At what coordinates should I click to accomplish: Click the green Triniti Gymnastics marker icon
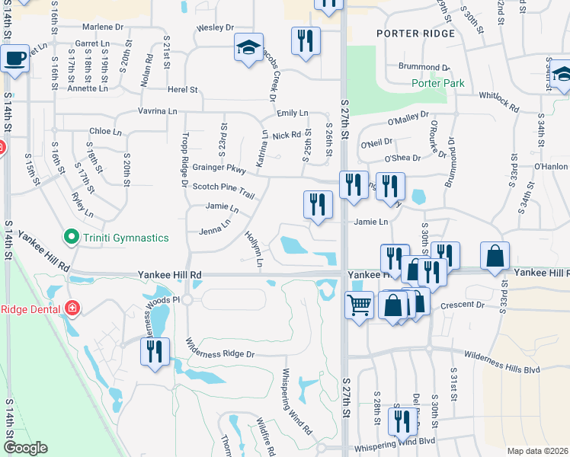coord(72,238)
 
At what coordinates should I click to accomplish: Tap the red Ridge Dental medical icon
coord(72,308)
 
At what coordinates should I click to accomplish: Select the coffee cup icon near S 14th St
coord(14,59)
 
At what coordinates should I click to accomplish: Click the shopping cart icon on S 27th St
coord(359,305)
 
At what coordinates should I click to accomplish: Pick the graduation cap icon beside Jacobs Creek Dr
coord(248,47)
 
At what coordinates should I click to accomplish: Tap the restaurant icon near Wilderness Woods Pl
coord(155,352)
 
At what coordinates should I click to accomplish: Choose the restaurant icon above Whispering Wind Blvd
coord(402,422)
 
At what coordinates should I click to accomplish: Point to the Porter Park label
coord(437,83)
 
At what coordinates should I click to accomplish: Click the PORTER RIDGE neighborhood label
coord(415,34)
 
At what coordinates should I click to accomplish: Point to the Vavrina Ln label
coord(157,111)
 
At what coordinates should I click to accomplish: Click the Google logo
coord(24,448)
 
